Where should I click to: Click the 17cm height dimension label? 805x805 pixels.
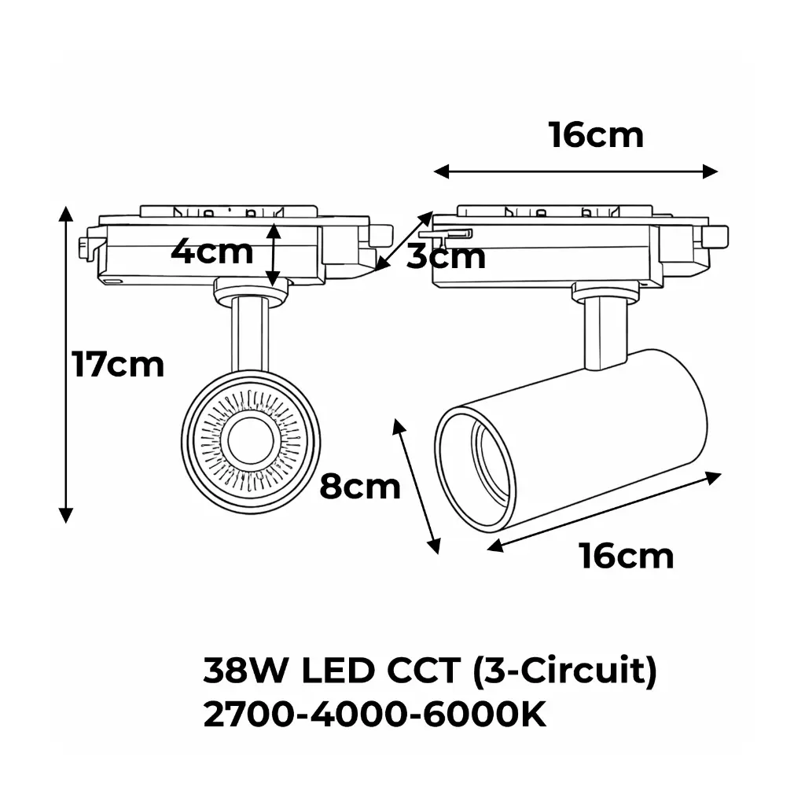(x=118, y=365)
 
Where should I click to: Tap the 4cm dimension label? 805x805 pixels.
(x=212, y=252)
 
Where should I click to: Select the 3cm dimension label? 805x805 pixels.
(x=446, y=257)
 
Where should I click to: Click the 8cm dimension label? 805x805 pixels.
(x=359, y=487)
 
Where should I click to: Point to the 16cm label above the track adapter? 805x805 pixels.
(x=596, y=135)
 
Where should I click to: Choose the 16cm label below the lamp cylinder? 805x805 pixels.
(x=627, y=556)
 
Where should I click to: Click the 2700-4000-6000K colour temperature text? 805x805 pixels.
(x=374, y=716)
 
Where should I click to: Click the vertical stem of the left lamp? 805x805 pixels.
(x=250, y=334)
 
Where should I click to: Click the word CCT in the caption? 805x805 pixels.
(x=421, y=672)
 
